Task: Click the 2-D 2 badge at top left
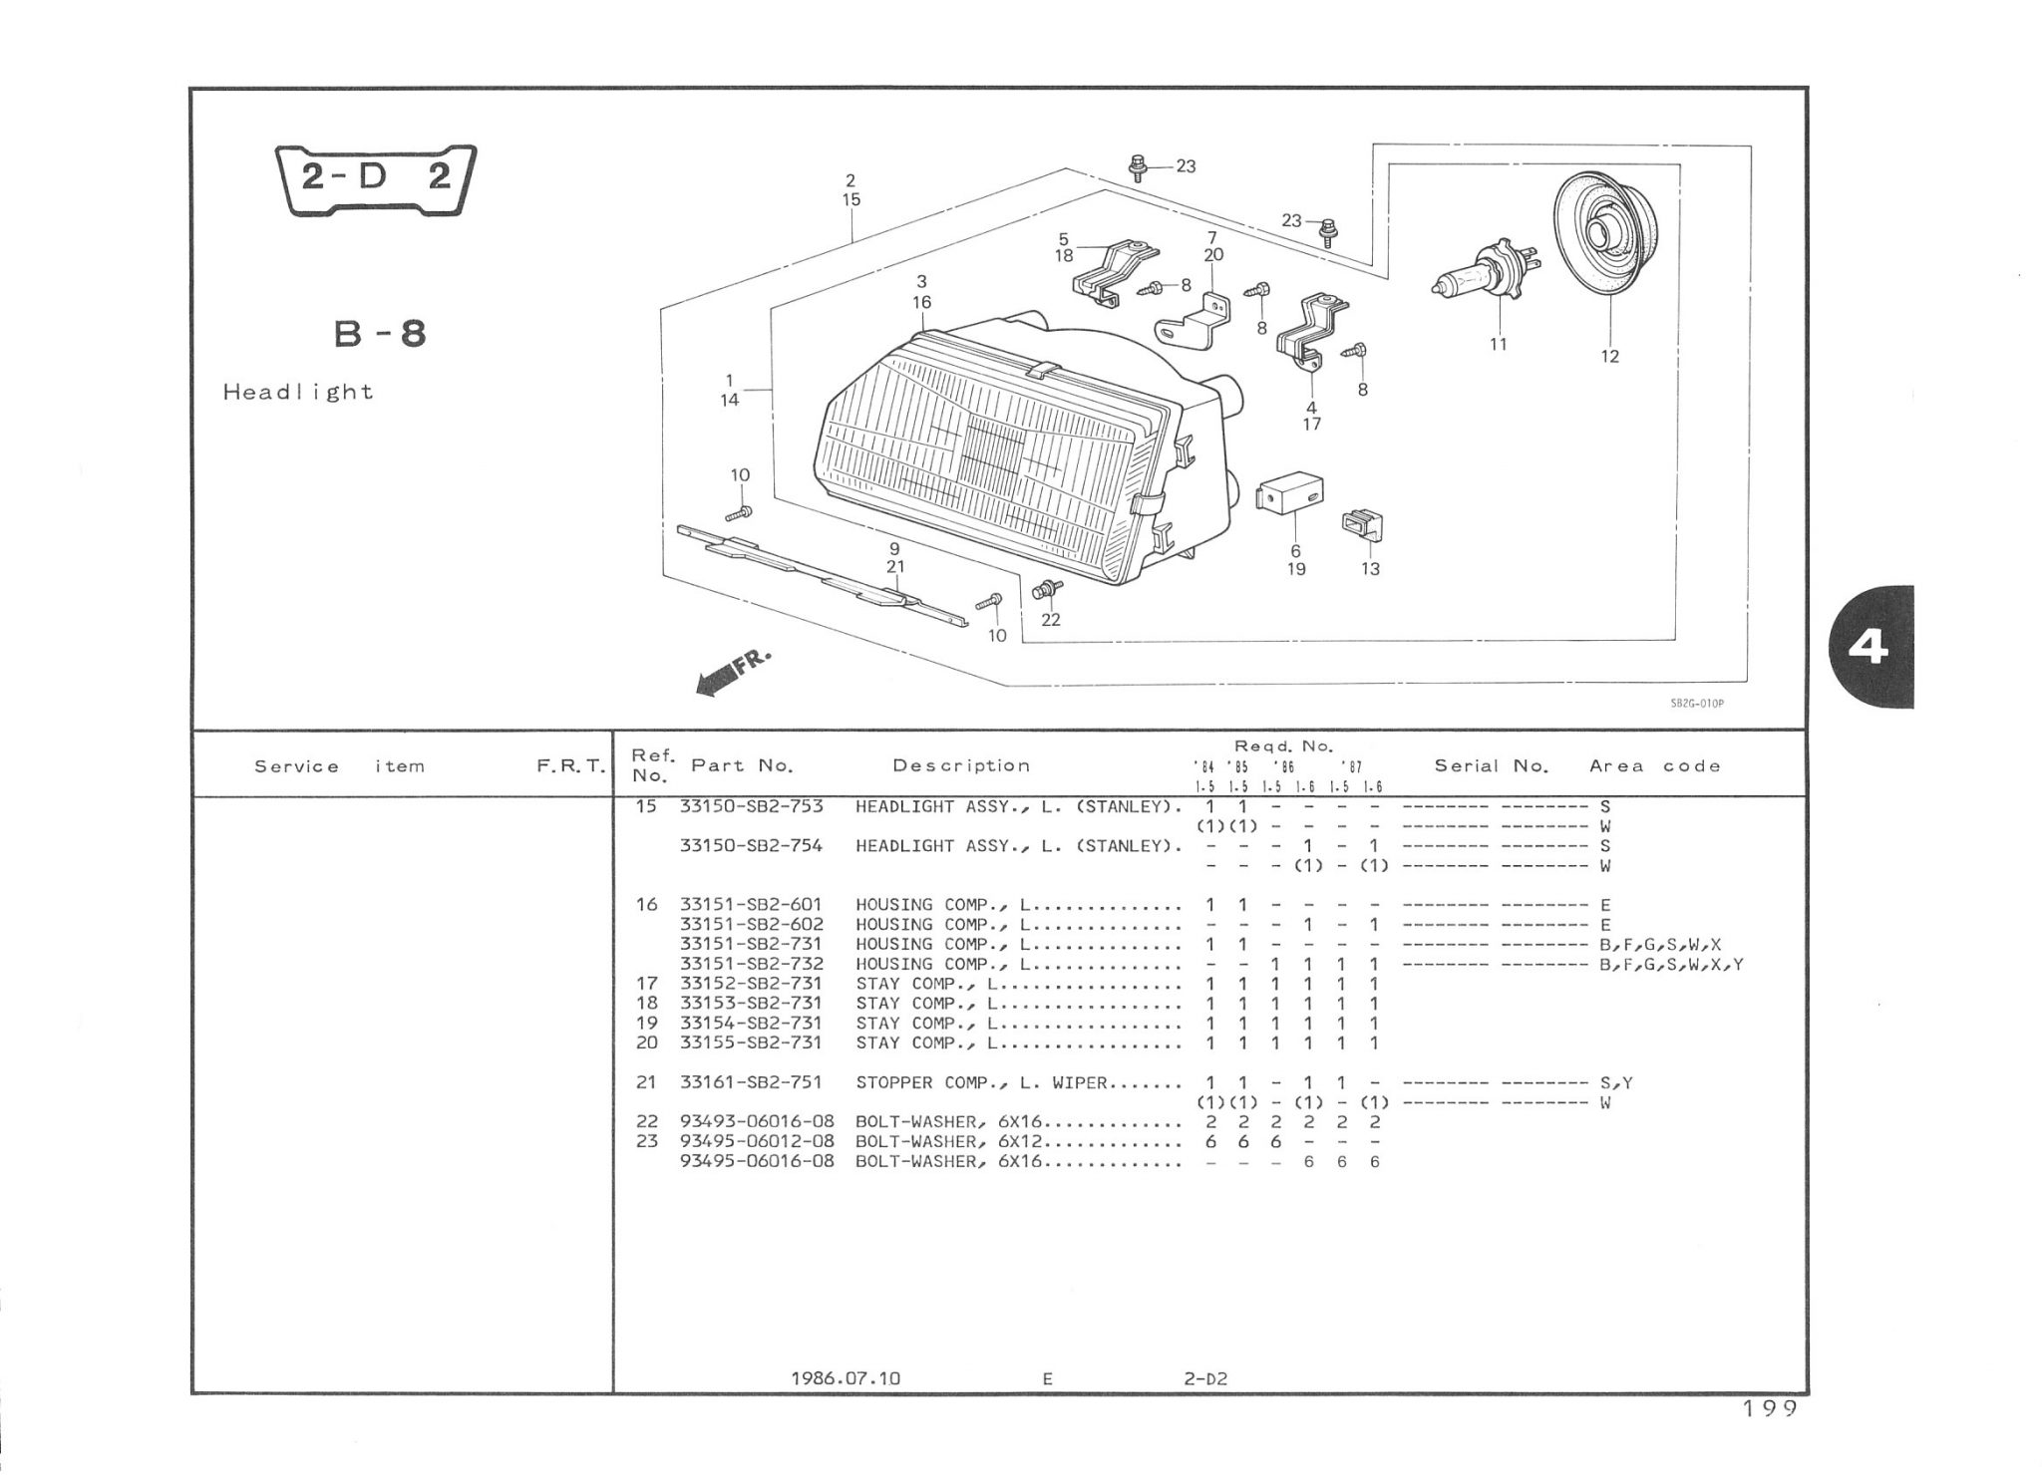click(376, 179)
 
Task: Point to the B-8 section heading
click(380, 334)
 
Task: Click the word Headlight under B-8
click(298, 393)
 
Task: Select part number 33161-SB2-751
click(751, 1082)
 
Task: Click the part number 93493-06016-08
click(757, 1122)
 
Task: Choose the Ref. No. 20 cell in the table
click(646, 1042)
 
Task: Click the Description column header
click(961, 765)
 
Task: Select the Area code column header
click(1655, 765)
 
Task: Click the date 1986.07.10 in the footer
click(845, 1378)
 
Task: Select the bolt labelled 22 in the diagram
click(1046, 590)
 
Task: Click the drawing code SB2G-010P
click(1696, 704)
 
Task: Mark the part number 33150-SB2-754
click(751, 846)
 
